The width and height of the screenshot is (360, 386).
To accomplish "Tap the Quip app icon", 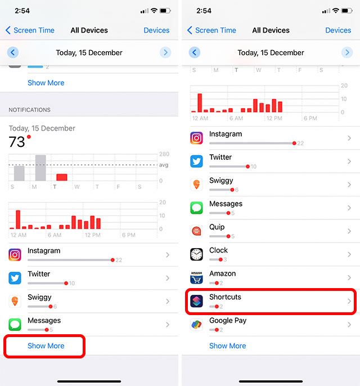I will [196, 231].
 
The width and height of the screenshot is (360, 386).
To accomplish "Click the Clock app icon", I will [196, 254].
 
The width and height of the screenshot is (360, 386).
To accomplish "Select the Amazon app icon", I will [196, 277].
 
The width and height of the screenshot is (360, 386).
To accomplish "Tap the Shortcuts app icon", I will [196, 300].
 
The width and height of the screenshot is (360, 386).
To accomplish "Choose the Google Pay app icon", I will [196, 324].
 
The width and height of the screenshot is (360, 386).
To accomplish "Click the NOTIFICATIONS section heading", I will [29, 110].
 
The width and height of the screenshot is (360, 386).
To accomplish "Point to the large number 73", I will [17, 142].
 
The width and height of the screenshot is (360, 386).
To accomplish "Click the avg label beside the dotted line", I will [164, 165].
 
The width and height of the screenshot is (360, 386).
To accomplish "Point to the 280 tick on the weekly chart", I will [164, 154].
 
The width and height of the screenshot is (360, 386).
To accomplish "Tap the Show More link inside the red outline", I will [46, 346].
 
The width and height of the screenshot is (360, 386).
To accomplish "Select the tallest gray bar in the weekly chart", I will [40, 168].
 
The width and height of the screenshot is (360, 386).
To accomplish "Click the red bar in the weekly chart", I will [61, 177].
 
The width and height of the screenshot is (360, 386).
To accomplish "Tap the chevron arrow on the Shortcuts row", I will [349, 301].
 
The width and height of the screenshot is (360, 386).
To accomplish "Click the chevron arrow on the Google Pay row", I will [349, 325].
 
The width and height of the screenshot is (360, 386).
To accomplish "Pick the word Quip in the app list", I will [217, 227].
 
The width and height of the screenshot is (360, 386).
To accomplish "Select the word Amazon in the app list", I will [222, 273].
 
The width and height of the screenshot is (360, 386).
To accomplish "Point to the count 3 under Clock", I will [225, 259].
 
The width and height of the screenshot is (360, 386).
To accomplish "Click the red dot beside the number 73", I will [29, 137].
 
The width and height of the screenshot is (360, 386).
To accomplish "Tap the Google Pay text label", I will [228, 320].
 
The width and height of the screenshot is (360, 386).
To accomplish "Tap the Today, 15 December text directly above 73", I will [42, 128].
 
